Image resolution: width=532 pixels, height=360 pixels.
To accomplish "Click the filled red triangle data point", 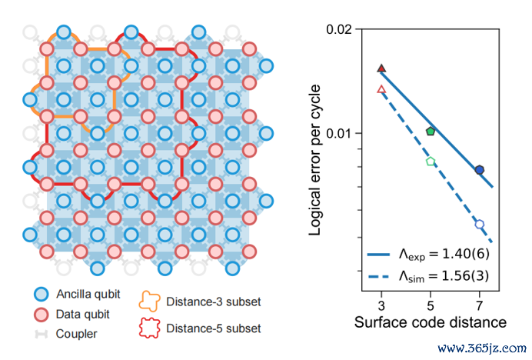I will click(x=381, y=68).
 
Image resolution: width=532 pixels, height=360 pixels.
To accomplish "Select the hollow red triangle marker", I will click(x=381, y=90).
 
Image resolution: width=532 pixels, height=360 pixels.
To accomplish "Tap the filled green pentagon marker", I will click(x=431, y=132).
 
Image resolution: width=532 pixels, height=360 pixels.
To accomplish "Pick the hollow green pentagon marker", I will click(x=431, y=162).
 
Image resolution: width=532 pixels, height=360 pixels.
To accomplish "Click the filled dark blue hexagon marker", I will click(x=480, y=170).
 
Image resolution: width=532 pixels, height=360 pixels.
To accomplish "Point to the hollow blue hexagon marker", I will click(x=480, y=225).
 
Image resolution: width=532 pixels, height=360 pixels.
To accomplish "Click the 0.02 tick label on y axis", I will click(x=340, y=29).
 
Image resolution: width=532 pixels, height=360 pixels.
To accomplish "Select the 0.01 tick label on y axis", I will click(x=340, y=133).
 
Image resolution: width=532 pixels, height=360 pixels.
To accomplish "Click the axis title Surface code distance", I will click(x=431, y=322).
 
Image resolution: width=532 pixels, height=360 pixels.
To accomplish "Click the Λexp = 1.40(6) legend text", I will click(x=444, y=253).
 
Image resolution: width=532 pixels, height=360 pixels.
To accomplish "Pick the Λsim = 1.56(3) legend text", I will click(x=444, y=275).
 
